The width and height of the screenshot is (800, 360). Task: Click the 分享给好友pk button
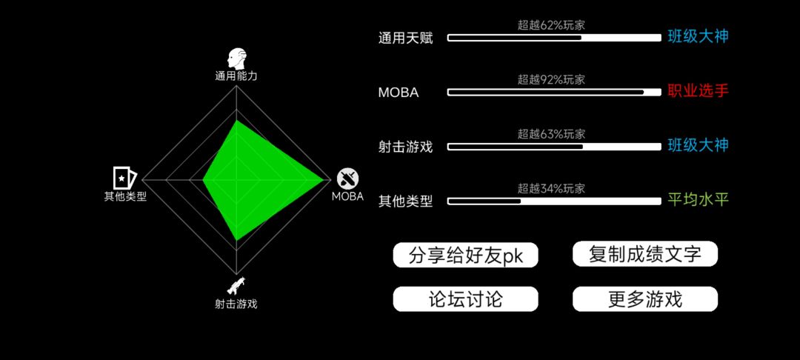click(x=465, y=255)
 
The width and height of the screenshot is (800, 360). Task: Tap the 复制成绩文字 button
click(x=645, y=254)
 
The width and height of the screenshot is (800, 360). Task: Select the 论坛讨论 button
click(x=465, y=299)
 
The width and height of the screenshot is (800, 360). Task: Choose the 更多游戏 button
click(x=645, y=299)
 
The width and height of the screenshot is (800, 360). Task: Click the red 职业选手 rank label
click(x=698, y=91)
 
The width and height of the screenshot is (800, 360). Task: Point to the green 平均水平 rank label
click(x=698, y=199)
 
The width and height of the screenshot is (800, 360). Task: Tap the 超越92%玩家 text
click(x=551, y=79)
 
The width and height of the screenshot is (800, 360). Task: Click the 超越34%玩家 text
click(x=551, y=189)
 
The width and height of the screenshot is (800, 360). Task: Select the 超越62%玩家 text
click(x=551, y=25)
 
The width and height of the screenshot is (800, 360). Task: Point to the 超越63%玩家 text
click(x=551, y=135)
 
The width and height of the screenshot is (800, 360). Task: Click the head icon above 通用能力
click(x=236, y=59)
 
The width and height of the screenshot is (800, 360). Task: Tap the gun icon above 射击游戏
click(x=236, y=285)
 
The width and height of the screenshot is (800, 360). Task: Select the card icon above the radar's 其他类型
click(x=124, y=178)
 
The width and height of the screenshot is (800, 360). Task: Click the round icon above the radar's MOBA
click(x=347, y=178)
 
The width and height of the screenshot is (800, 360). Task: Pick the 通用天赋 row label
click(x=406, y=39)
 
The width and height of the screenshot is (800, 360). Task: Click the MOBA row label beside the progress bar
click(x=399, y=93)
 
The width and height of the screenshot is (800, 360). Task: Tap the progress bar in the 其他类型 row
click(x=554, y=201)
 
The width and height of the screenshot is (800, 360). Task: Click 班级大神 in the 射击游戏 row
click(x=698, y=145)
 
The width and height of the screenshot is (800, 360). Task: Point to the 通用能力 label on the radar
click(x=236, y=76)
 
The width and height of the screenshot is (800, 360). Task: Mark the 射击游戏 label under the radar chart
click(x=236, y=304)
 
